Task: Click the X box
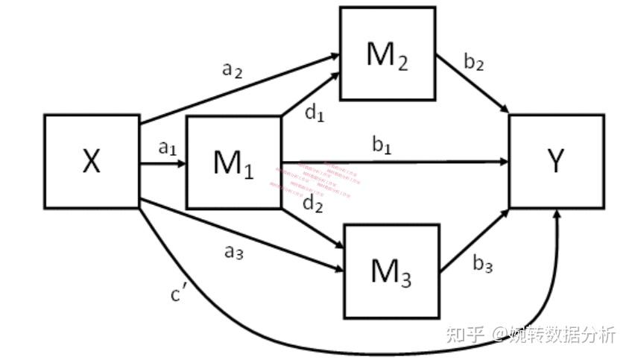point(92,161)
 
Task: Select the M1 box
point(233,162)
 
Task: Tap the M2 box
point(388,54)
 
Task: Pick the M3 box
point(391,271)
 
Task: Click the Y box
point(556,161)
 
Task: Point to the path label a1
point(166,148)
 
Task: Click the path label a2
point(233,70)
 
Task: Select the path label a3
point(234,252)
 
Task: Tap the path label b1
point(382,146)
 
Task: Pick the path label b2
point(474,63)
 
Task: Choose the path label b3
point(482,263)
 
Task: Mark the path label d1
point(315,113)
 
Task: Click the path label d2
point(313,203)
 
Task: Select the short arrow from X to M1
point(162,162)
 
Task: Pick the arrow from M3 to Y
point(475,240)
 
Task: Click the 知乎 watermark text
point(464,334)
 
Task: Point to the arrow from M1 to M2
point(309,95)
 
